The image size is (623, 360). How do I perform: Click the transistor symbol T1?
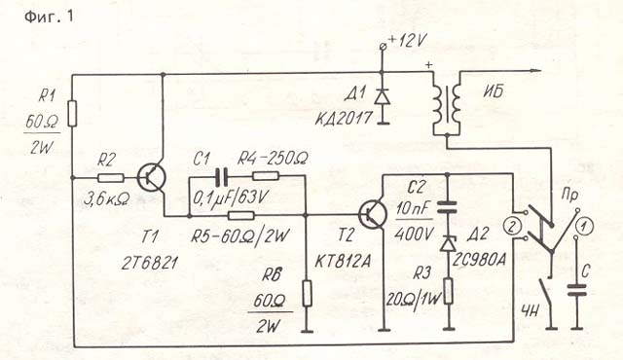(152, 178)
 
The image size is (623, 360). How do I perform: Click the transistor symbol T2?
(373, 215)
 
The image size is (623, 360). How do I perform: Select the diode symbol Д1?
(383, 96)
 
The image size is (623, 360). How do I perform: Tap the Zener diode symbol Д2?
(449, 243)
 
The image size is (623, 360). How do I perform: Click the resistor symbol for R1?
(72, 114)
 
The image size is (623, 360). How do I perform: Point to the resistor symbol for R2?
(111, 178)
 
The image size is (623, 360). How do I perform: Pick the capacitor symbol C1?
(221, 177)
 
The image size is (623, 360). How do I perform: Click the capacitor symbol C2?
(447, 207)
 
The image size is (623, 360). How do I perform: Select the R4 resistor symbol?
(266, 176)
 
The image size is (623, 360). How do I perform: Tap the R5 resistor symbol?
(241, 216)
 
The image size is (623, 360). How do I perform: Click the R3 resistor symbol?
(449, 291)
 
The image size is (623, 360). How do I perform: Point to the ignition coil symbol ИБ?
(447, 103)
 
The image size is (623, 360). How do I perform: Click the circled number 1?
(584, 227)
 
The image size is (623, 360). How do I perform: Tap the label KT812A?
(343, 261)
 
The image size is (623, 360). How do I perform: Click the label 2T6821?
(149, 263)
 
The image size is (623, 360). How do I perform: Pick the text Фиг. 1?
(49, 17)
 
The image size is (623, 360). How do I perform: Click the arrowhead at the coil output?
(535, 71)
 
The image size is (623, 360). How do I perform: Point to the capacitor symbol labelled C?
(577, 290)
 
